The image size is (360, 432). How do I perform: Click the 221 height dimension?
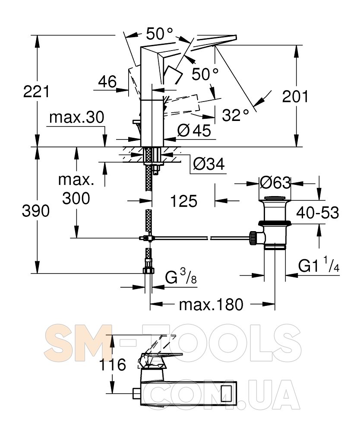[x=36, y=92]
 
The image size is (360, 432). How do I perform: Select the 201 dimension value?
[x=295, y=96]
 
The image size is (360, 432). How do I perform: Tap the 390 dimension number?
[x=36, y=211]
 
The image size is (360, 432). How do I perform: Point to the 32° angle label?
[x=235, y=115]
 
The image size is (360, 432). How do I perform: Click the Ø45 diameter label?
[x=194, y=130]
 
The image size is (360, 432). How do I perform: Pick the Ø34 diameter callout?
[x=208, y=164]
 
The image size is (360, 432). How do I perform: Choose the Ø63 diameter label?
[x=275, y=183]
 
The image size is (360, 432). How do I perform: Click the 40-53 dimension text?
[x=318, y=213]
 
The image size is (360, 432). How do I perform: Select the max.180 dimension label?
[x=211, y=305]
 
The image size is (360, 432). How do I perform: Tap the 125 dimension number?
[x=184, y=201]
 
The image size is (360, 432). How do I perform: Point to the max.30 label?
[x=76, y=117]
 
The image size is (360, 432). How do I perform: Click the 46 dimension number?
[x=107, y=82]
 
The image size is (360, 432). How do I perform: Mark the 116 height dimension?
[x=112, y=365]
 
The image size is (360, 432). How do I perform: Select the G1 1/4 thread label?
[x=319, y=265]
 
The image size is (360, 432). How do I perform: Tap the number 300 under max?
[x=76, y=198]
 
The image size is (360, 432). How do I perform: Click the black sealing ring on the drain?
[x=274, y=223]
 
